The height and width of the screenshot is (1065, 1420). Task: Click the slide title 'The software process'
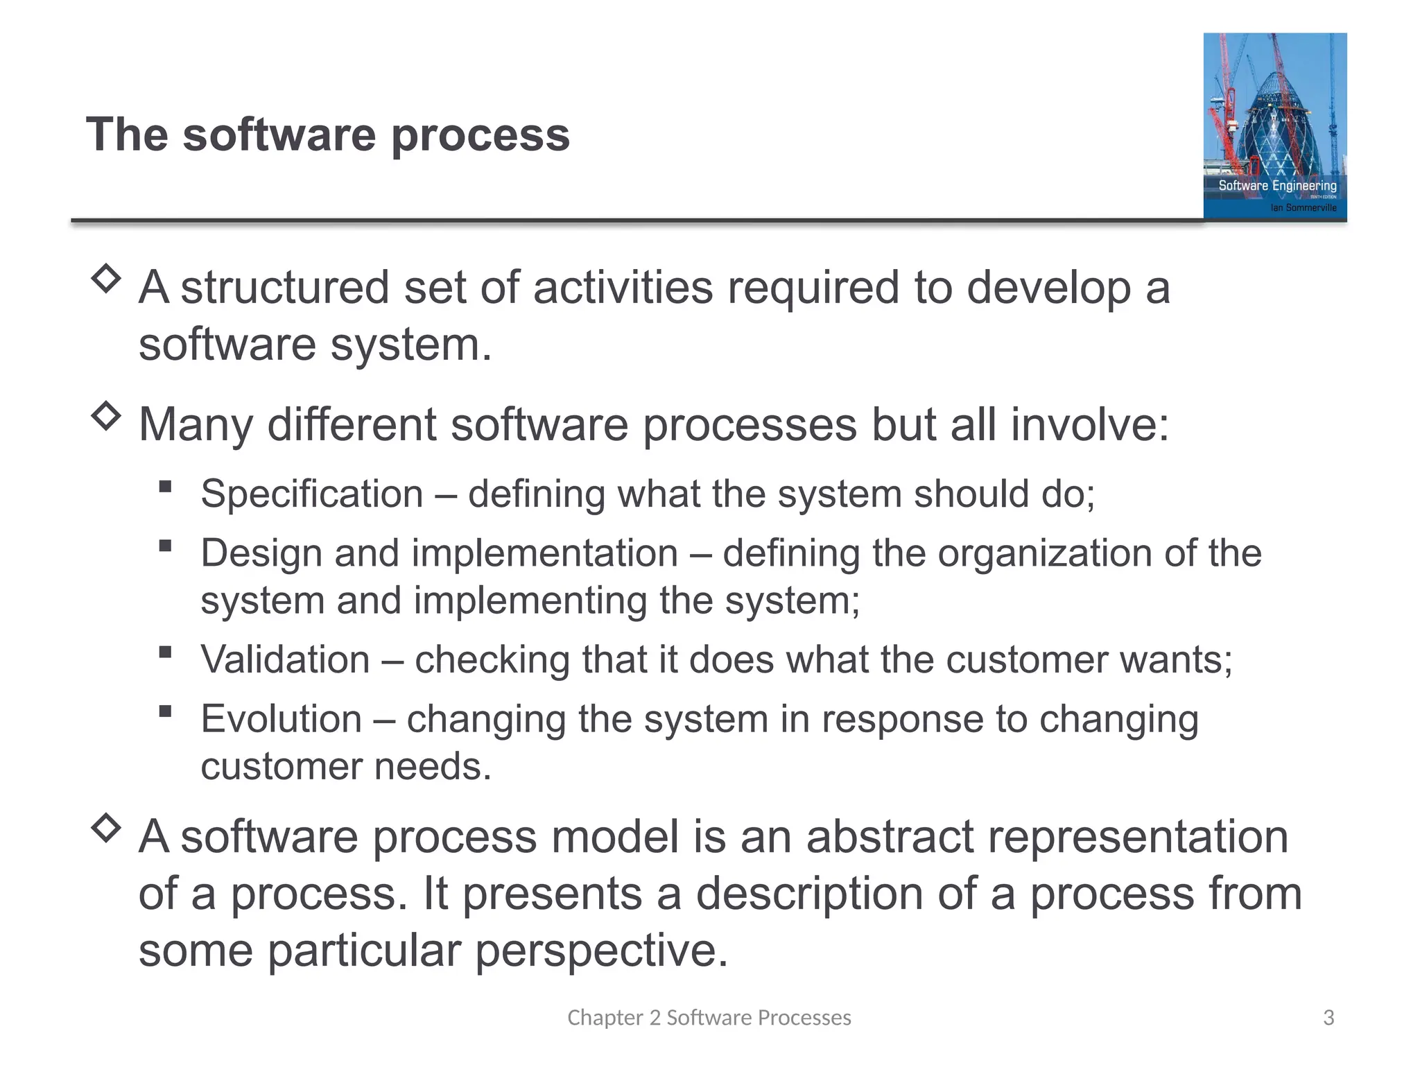pyautogui.click(x=327, y=135)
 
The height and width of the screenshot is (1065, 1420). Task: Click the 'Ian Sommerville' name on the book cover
pyautogui.click(x=1303, y=207)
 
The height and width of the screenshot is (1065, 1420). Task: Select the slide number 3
pyautogui.click(x=1328, y=1017)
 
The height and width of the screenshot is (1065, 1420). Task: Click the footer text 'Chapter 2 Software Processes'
pyautogui.click(x=709, y=1017)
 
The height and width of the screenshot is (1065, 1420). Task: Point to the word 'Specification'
pyautogui.click(x=312, y=494)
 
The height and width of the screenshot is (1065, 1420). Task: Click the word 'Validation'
pyautogui.click(x=285, y=659)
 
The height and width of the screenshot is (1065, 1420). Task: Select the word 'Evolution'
pyautogui.click(x=281, y=719)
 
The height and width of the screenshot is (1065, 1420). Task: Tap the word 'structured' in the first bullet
pyautogui.click(x=284, y=288)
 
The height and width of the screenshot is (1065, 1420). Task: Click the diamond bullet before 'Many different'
pyautogui.click(x=106, y=417)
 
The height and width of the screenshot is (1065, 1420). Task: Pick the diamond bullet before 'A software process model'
pyautogui.click(x=106, y=828)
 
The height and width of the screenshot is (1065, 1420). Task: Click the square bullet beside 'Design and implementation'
pyautogui.click(x=165, y=546)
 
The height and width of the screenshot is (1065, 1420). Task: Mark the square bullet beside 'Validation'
pyautogui.click(x=165, y=652)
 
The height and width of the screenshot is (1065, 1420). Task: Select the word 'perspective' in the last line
pyautogui.click(x=600, y=951)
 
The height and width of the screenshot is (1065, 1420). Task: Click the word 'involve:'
pyautogui.click(x=1090, y=424)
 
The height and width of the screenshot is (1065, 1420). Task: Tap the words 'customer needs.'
pyautogui.click(x=345, y=767)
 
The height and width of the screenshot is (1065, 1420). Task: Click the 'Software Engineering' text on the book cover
pyautogui.click(x=1277, y=186)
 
